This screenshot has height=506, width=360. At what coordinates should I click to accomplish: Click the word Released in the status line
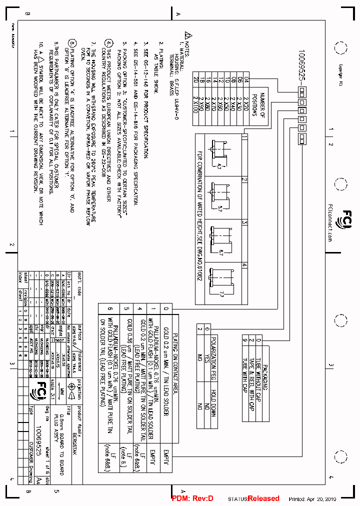tap(263, 498)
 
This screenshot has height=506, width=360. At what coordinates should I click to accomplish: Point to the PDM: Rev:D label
tap(192, 498)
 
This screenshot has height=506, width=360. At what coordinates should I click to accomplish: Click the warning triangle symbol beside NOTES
tap(188, 35)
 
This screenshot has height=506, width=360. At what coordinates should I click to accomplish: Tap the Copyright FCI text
tap(340, 75)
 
